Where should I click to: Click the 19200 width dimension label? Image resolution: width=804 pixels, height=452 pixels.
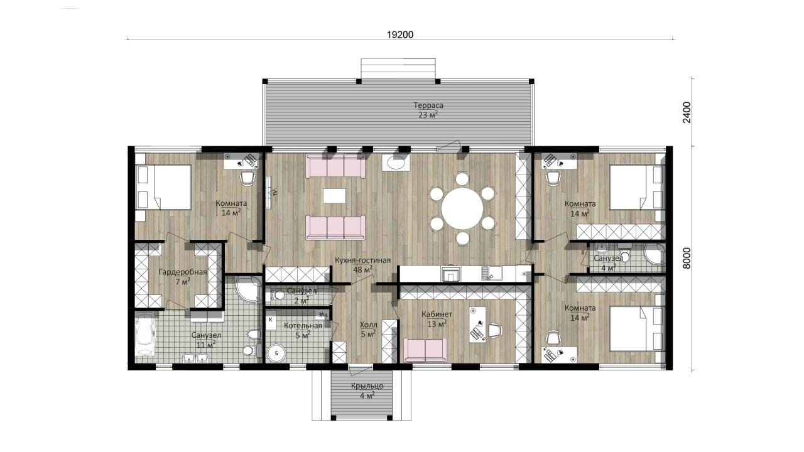(x=400, y=35)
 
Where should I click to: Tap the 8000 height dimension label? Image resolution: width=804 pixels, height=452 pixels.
(x=687, y=258)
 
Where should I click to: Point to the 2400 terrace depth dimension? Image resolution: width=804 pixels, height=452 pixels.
(x=687, y=112)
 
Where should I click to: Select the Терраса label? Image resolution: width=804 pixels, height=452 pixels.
(x=428, y=105)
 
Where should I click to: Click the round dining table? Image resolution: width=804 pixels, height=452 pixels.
(x=462, y=208)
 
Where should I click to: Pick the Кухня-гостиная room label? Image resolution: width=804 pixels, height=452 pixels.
(x=362, y=261)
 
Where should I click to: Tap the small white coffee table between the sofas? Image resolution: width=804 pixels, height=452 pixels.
(x=335, y=196)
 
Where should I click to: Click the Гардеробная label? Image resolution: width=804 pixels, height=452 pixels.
(x=183, y=272)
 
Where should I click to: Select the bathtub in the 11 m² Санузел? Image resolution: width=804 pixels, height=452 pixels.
(x=146, y=333)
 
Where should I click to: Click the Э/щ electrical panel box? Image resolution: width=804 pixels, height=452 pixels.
(x=322, y=315)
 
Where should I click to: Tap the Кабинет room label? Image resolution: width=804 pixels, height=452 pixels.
(x=437, y=315)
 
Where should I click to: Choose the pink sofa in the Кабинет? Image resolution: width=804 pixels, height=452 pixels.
(x=425, y=350)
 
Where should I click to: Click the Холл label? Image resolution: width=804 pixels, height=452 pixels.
(x=368, y=325)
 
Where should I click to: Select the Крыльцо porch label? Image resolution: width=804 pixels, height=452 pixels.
(x=367, y=386)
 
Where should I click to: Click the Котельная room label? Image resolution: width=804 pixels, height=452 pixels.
(x=303, y=325)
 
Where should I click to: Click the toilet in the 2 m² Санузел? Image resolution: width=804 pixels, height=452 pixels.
(x=277, y=295)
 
